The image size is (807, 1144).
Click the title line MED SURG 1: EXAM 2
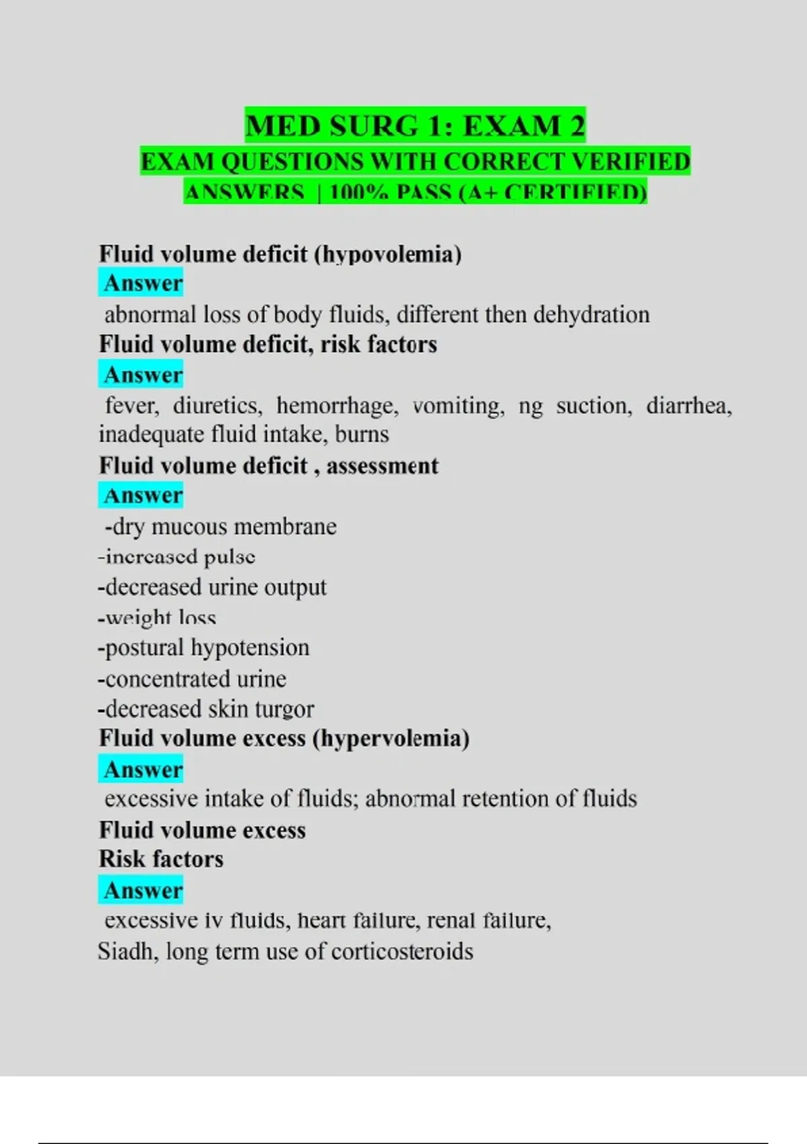click(x=415, y=126)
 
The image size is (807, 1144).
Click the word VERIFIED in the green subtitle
click(x=630, y=162)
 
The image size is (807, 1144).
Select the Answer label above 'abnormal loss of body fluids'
click(x=143, y=283)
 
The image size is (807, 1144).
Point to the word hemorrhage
click(x=337, y=406)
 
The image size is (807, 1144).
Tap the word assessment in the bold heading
click(x=382, y=466)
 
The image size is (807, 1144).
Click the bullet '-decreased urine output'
click(x=213, y=587)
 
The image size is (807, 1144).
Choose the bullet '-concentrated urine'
click(x=192, y=678)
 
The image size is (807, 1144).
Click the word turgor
click(x=284, y=709)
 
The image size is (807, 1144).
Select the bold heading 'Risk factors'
click(x=161, y=859)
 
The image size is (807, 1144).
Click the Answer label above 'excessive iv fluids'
click(x=143, y=890)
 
